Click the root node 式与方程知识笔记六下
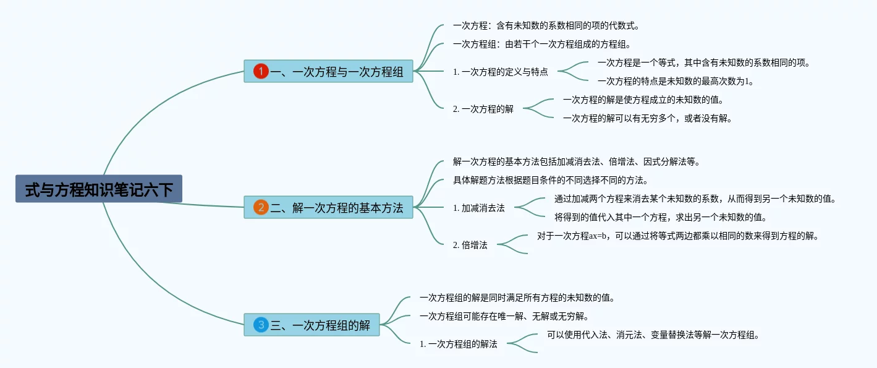[x=99, y=189]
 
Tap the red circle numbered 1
[x=261, y=72]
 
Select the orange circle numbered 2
[x=261, y=208]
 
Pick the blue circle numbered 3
[x=261, y=325]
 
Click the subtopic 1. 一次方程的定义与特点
[x=500, y=72]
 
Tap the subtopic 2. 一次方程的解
[x=483, y=109]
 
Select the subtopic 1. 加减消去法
[x=478, y=208]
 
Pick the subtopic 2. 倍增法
[x=470, y=245]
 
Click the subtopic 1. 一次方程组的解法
[x=458, y=344]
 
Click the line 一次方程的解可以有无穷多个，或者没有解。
[x=647, y=118]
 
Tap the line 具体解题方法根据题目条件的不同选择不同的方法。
[x=550, y=181]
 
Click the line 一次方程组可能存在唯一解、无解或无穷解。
[x=504, y=316]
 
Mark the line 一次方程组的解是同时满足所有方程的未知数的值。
[x=517, y=297]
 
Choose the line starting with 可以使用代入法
[x=653, y=335]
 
